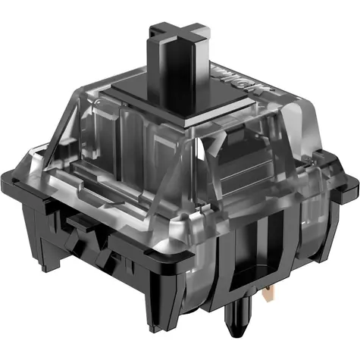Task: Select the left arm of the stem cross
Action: [x=155, y=31]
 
